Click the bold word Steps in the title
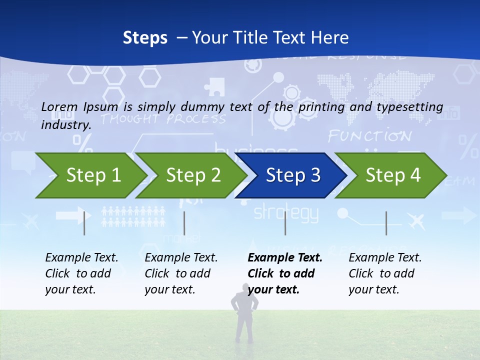(145, 37)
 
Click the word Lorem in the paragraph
(59, 106)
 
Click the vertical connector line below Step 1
(84, 223)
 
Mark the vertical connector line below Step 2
(184, 223)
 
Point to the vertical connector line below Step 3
(285, 223)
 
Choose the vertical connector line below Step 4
(386, 223)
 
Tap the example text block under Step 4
(385, 273)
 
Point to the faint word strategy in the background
(286, 213)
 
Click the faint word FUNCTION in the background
(369, 136)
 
